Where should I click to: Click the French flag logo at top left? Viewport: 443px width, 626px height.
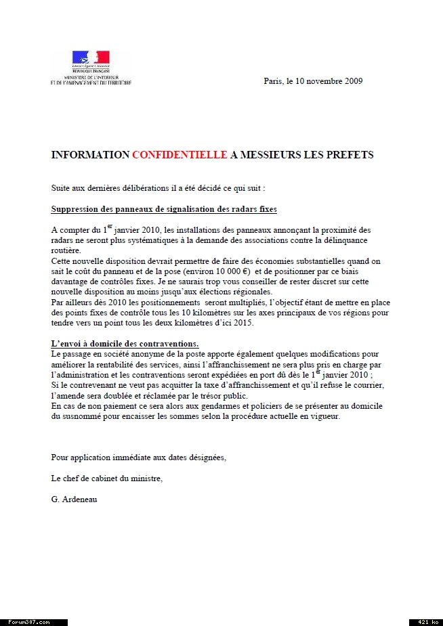pos(91,58)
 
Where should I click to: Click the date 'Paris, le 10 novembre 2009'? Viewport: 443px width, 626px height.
pos(313,81)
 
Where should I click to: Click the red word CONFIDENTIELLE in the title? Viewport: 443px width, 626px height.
pos(180,155)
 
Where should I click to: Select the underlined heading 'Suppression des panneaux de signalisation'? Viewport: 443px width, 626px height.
pos(164,209)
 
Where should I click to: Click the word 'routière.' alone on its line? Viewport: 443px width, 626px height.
pos(66,250)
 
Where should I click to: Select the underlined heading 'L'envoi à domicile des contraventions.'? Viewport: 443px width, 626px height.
pos(125,344)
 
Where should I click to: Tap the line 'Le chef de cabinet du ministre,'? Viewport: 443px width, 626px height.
pos(107,478)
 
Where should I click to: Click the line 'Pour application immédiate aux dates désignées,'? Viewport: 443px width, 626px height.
pos(139,457)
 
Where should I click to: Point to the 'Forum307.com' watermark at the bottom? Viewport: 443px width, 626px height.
pos(28,622)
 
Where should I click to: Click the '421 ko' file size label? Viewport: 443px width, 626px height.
pos(425,622)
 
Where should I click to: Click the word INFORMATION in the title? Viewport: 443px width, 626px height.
pos(90,155)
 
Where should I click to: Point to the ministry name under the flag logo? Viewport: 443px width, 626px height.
pos(91,81)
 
